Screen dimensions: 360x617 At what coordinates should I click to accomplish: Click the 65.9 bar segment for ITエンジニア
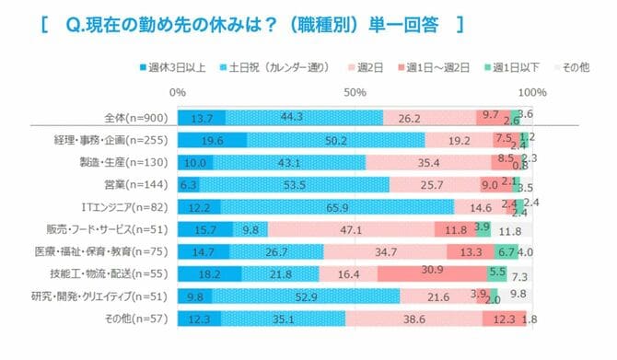pyautogui.click(x=337, y=207)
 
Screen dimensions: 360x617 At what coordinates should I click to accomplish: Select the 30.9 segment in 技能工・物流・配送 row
pyautogui.click(x=432, y=273)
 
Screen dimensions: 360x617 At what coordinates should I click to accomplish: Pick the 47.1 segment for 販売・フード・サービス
pyautogui.click(x=351, y=229)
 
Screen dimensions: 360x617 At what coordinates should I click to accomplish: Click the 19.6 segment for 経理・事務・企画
pyautogui.click(x=212, y=140)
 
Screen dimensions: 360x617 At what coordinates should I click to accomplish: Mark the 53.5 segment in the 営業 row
pyautogui.click(x=296, y=184)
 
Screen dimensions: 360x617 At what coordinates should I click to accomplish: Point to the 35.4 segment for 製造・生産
pyautogui.click(x=428, y=162)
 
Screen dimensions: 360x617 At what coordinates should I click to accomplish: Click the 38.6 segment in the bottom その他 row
pyautogui.click(x=413, y=319)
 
